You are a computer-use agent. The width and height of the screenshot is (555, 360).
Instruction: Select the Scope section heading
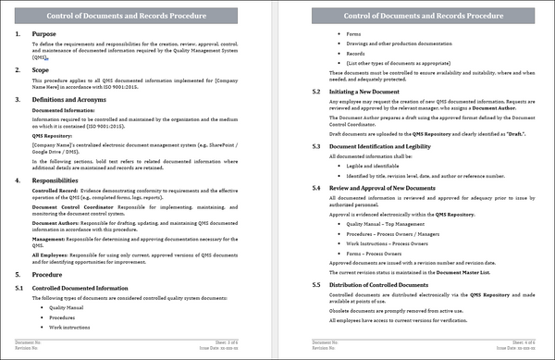click(x=41, y=69)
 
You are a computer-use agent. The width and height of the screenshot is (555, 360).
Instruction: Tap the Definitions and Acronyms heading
click(x=75, y=98)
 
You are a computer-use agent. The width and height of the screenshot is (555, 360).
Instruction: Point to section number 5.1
click(x=19, y=289)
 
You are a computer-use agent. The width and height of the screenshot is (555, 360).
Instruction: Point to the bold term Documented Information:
click(x=63, y=109)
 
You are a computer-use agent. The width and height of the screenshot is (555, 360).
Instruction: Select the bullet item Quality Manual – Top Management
click(x=385, y=224)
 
